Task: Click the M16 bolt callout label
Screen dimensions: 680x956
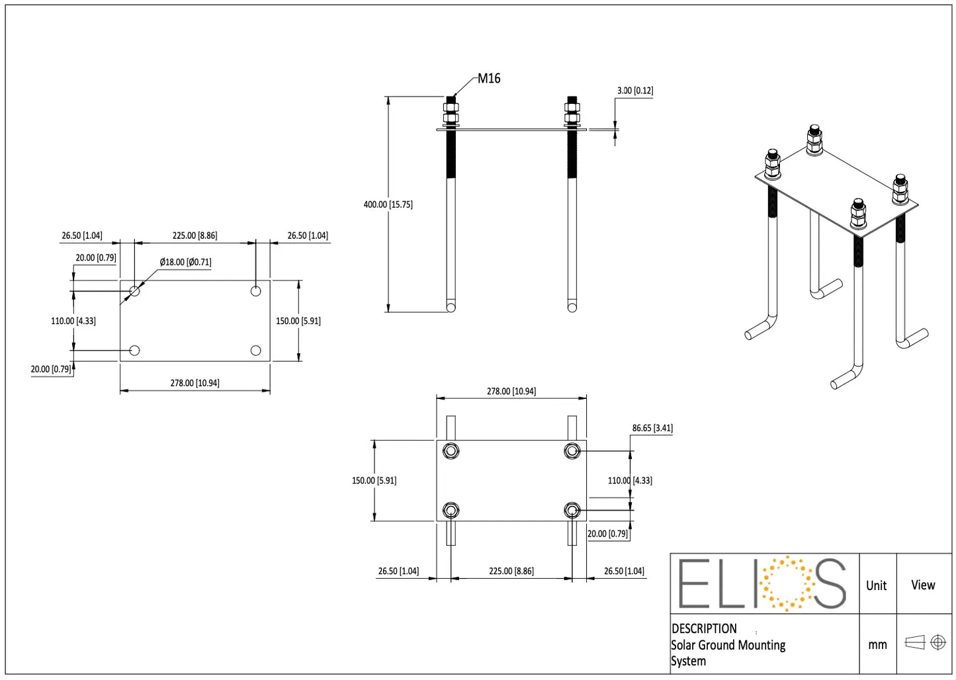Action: [x=489, y=79]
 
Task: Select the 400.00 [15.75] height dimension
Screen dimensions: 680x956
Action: [x=388, y=204]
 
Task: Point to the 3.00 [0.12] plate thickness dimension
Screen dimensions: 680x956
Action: [x=634, y=91]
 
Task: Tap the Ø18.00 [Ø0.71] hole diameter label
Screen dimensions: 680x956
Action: [x=185, y=262]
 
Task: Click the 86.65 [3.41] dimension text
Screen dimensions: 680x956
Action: [x=652, y=428]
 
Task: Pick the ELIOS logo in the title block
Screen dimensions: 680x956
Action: [x=763, y=583]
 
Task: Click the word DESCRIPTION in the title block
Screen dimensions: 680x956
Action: [x=704, y=628]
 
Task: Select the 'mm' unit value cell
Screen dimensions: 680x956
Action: [x=877, y=644]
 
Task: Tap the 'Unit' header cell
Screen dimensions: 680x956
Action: [x=876, y=585]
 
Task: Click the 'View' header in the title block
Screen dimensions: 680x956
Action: [x=922, y=585]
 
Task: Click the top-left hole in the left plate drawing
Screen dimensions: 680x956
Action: [x=135, y=290]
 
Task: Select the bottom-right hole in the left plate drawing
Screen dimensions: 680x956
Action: [x=256, y=351]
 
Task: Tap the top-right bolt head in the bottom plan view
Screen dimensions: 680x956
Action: [x=572, y=451]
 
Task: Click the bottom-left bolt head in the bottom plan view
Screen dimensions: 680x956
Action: [x=451, y=511]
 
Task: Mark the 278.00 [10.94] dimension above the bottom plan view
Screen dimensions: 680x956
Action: [x=511, y=392]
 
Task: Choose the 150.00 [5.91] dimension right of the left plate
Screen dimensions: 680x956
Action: [x=298, y=321]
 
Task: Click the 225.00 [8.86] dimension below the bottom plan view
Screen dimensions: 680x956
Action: [x=511, y=571]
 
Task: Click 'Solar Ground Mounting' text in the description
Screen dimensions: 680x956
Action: [x=728, y=645]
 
